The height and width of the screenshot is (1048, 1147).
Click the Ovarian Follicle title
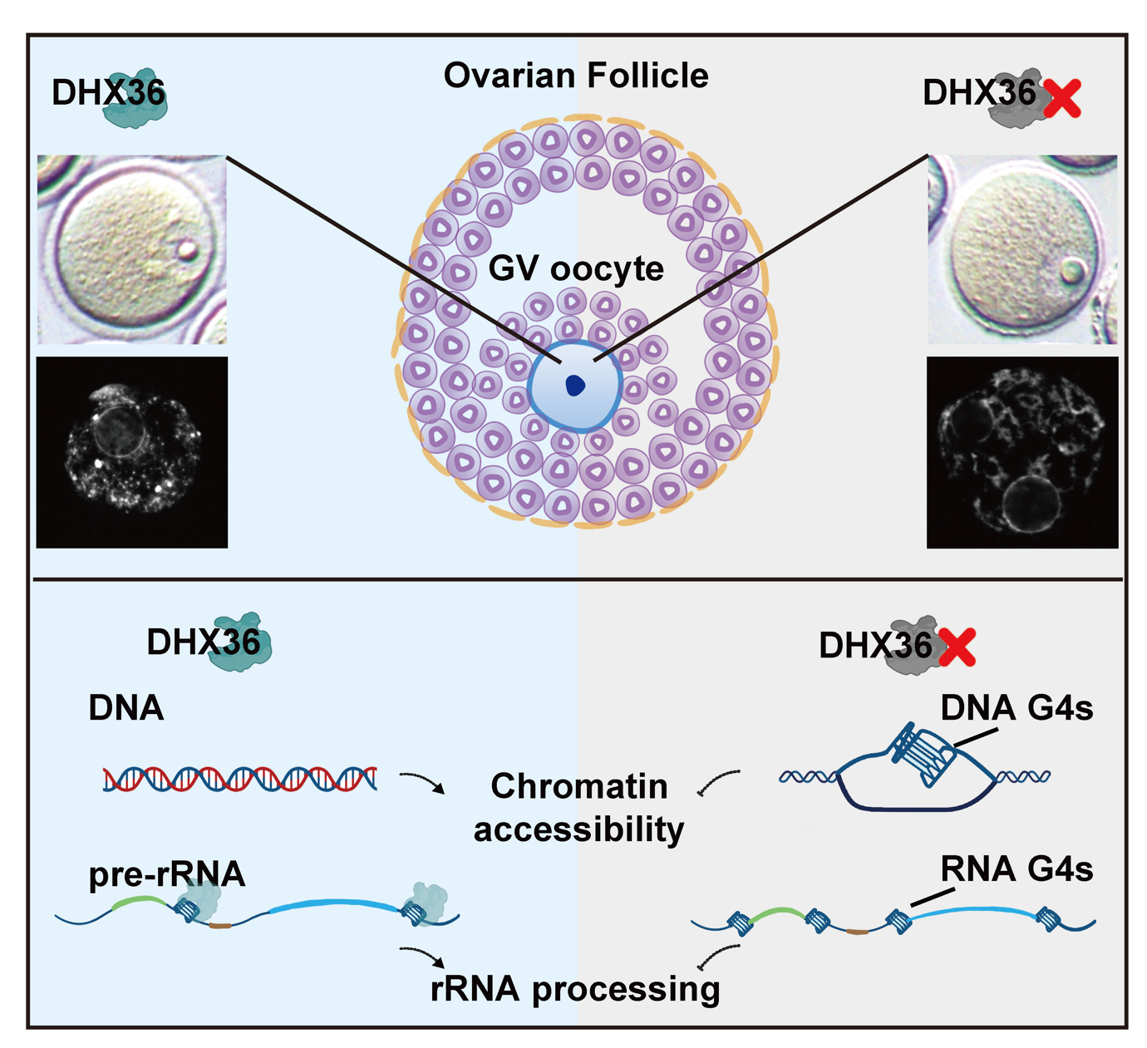[x=575, y=76]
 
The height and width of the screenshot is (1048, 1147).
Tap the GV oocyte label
[x=575, y=268]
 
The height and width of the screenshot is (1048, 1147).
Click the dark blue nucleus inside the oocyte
[x=574, y=385]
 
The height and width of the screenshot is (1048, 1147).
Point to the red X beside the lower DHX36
[x=957, y=647]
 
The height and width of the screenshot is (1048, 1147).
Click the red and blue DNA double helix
[x=239, y=779]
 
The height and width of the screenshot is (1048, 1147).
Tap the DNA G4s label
[x=1016, y=708]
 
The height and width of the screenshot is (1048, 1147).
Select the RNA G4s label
[x=1016, y=869]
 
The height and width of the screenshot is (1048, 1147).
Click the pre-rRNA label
[x=166, y=874]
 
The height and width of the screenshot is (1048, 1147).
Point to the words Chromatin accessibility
[x=578, y=807]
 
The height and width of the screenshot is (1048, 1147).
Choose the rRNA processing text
[x=575, y=989]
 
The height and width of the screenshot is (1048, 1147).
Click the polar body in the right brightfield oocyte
[x=1072, y=270]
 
